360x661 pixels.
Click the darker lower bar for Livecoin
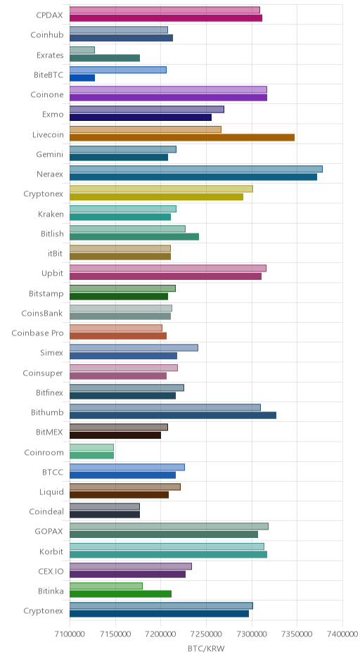pos(181,137)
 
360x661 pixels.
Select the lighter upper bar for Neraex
pos(196,169)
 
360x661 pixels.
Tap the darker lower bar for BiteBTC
pos(82,78)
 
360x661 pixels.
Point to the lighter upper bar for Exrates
pos(82,50)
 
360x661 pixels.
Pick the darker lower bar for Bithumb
pos(173,415)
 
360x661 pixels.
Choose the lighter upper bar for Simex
pos(134,348)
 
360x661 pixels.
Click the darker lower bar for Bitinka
pos(120,594)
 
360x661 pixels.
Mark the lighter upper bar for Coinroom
pos(91,447)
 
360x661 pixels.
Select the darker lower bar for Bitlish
pos(134,237)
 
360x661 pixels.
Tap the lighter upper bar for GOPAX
pos(169,527)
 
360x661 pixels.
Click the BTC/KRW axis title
pos(206,649)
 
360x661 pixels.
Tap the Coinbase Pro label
pos(37,333)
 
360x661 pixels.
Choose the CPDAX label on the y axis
pos(49,15)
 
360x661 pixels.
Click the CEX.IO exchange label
pos(51,571)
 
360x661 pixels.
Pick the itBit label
pos(56,253)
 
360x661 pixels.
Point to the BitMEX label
pos(49,432)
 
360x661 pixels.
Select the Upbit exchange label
pos(52,273)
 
